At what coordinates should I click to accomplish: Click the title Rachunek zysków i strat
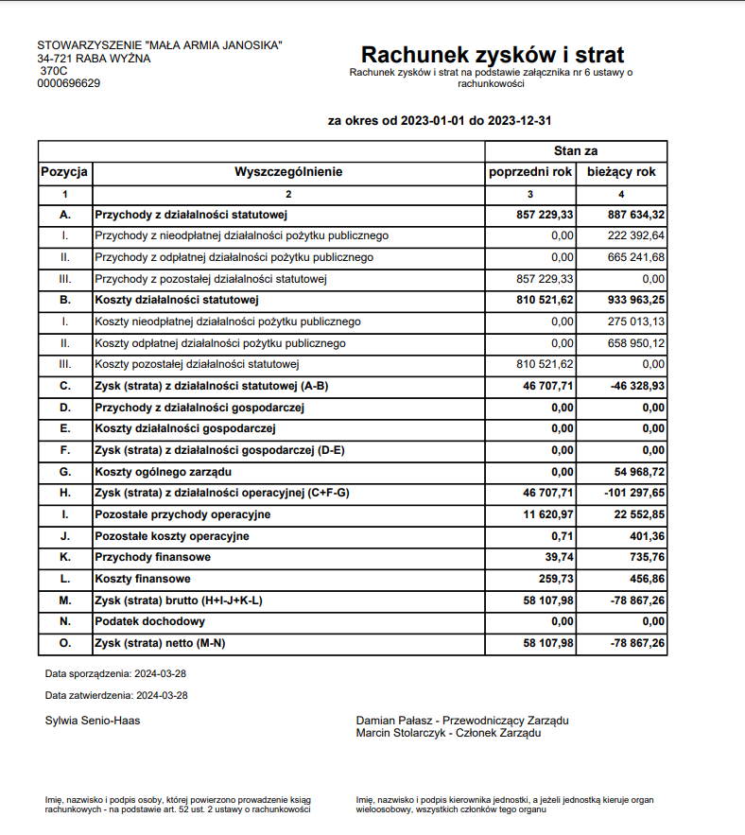(492, 54)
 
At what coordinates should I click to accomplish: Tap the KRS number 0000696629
(69, 83)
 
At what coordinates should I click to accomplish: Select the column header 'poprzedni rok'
(530, 172)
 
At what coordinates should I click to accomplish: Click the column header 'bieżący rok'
(621, 172)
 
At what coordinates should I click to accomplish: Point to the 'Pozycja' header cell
(65, 172)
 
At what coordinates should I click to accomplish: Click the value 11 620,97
(547, 514)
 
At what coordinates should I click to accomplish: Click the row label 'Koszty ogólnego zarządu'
(164, 471)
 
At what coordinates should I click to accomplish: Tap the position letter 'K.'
(65, 557)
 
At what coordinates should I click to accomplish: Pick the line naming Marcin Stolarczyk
(448, 732)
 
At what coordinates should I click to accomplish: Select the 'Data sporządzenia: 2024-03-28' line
(116, 673)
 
